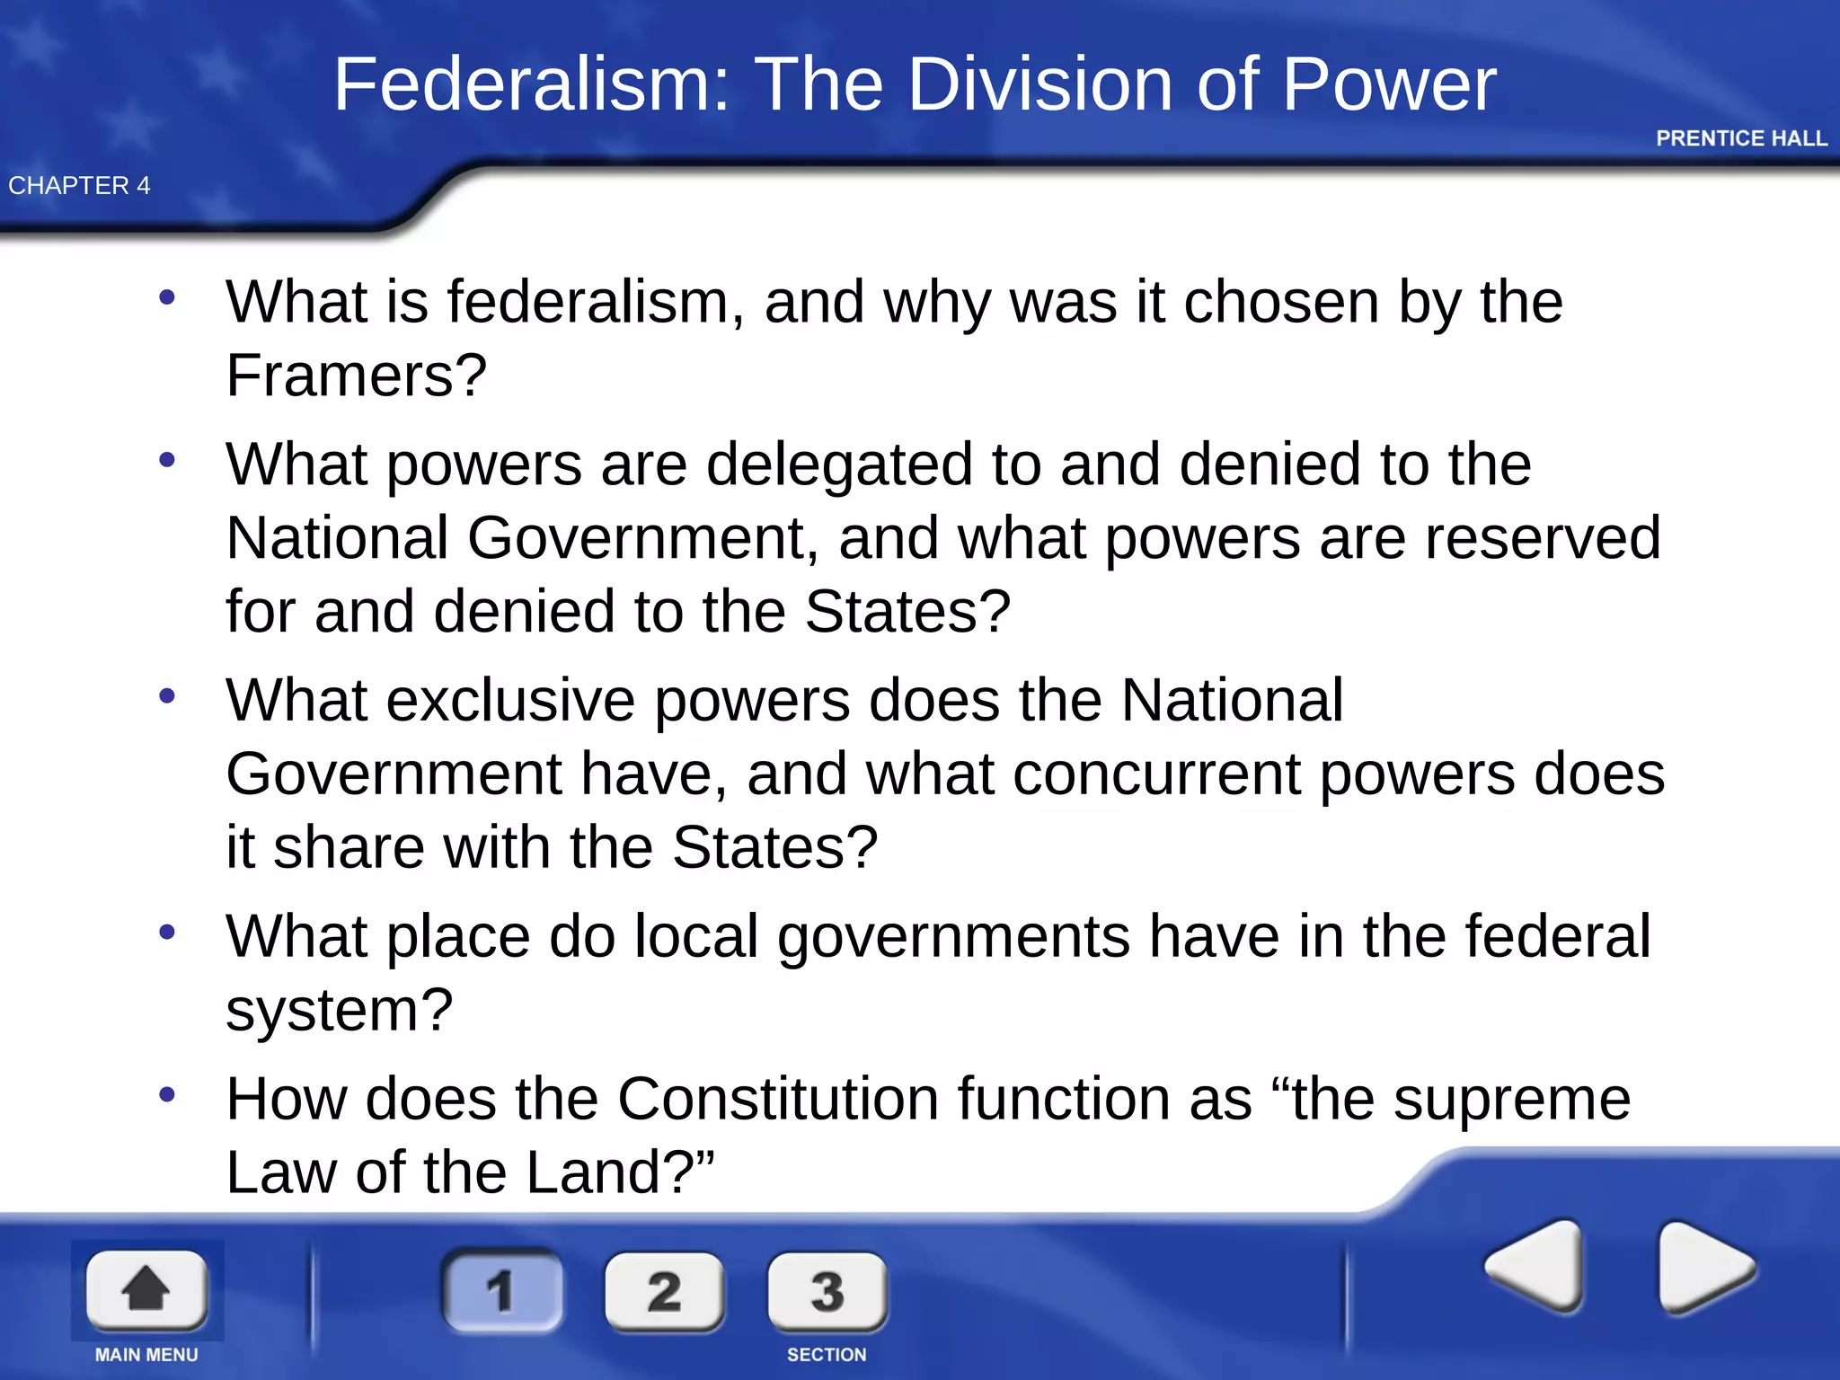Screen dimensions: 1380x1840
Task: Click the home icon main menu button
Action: click(x=146, y=1289)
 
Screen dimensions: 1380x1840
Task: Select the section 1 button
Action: click(x=502, y=1291)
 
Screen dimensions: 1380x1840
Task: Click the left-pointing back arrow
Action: click(x=1535, y=1266)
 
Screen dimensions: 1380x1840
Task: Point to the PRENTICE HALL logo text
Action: click(x=1741, y=138)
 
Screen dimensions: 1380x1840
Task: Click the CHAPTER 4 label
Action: click(x=79, y=186)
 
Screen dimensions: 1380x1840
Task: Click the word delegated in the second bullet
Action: click(x=839, y=464)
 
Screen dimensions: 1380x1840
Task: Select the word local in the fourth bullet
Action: click(x=696, y=936)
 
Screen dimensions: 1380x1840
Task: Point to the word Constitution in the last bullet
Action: click(x=778, y=1099)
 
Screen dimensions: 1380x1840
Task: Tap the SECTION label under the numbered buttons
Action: click(x=827, y=1355)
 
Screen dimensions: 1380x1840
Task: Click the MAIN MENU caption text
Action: click(x=146, y=1355)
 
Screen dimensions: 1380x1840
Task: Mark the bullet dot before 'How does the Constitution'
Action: click(x=167, y=1094)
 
